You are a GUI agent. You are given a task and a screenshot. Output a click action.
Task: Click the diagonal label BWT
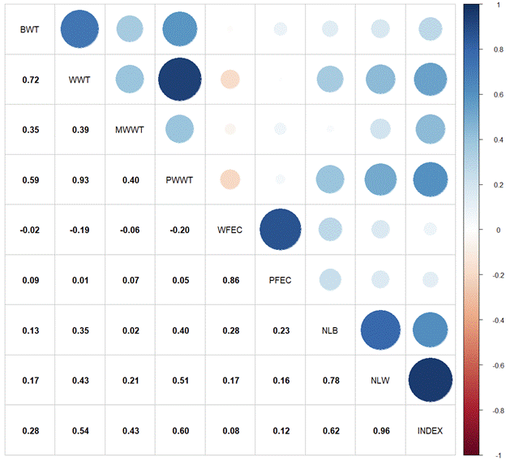(30, 30)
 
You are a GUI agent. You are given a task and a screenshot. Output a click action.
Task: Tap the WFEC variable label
(230, 230)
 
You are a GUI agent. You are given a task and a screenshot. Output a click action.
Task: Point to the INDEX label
(430, 430)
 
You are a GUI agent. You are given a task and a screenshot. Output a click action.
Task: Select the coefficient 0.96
(380, 430)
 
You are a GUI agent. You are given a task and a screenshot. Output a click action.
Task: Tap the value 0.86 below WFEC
(230, 280)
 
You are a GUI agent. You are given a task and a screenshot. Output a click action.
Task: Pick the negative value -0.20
(180, 230)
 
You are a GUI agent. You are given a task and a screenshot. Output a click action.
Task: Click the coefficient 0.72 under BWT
(30, 80)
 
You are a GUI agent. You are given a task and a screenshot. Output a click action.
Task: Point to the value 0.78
(330, 380)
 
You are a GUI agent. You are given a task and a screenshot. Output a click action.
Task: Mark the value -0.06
(130, 230)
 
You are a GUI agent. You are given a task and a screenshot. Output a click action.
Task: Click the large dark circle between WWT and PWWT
(180, 80)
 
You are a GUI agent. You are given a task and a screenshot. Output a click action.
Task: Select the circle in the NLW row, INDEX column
(430, 380)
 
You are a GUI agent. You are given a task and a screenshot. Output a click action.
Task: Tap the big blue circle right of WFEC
(280, 230)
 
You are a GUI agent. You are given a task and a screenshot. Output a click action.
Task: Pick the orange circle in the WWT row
(230, 80)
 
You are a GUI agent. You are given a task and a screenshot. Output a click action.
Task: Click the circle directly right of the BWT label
(80, 30)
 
